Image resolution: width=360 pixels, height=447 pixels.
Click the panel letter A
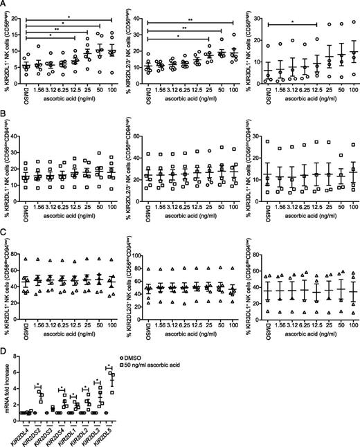point(4,5)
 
